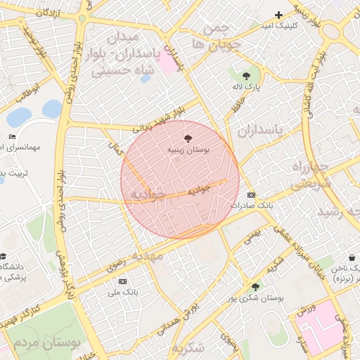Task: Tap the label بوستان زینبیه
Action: point(188,150)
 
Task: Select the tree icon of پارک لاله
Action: point(246,76)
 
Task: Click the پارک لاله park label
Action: point(247,86)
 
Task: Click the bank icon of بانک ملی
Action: point(124,281)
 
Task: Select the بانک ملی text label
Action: point(124,292)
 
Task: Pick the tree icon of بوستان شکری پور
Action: point(255,287)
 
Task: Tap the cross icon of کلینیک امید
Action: point(278,15)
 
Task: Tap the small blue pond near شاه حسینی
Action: point(146,79)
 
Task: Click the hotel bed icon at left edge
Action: point(12,136)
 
